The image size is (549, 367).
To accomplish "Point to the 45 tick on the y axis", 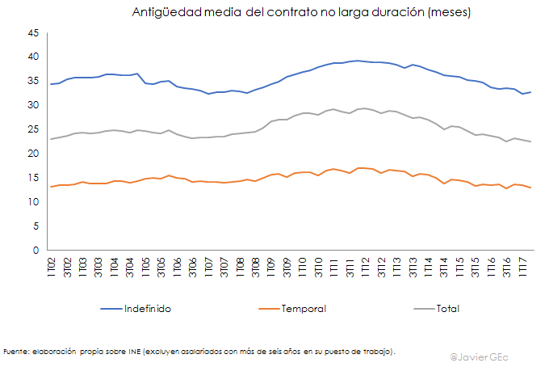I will [33, 33].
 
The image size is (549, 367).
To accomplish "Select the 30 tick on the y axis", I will [33, 105].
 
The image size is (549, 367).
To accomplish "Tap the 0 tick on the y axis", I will [36, 251].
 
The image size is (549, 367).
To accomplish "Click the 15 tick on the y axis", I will [33, 178].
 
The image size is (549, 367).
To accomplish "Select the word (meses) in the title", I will [444, 13].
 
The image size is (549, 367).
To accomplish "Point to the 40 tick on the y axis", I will [33, 57].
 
